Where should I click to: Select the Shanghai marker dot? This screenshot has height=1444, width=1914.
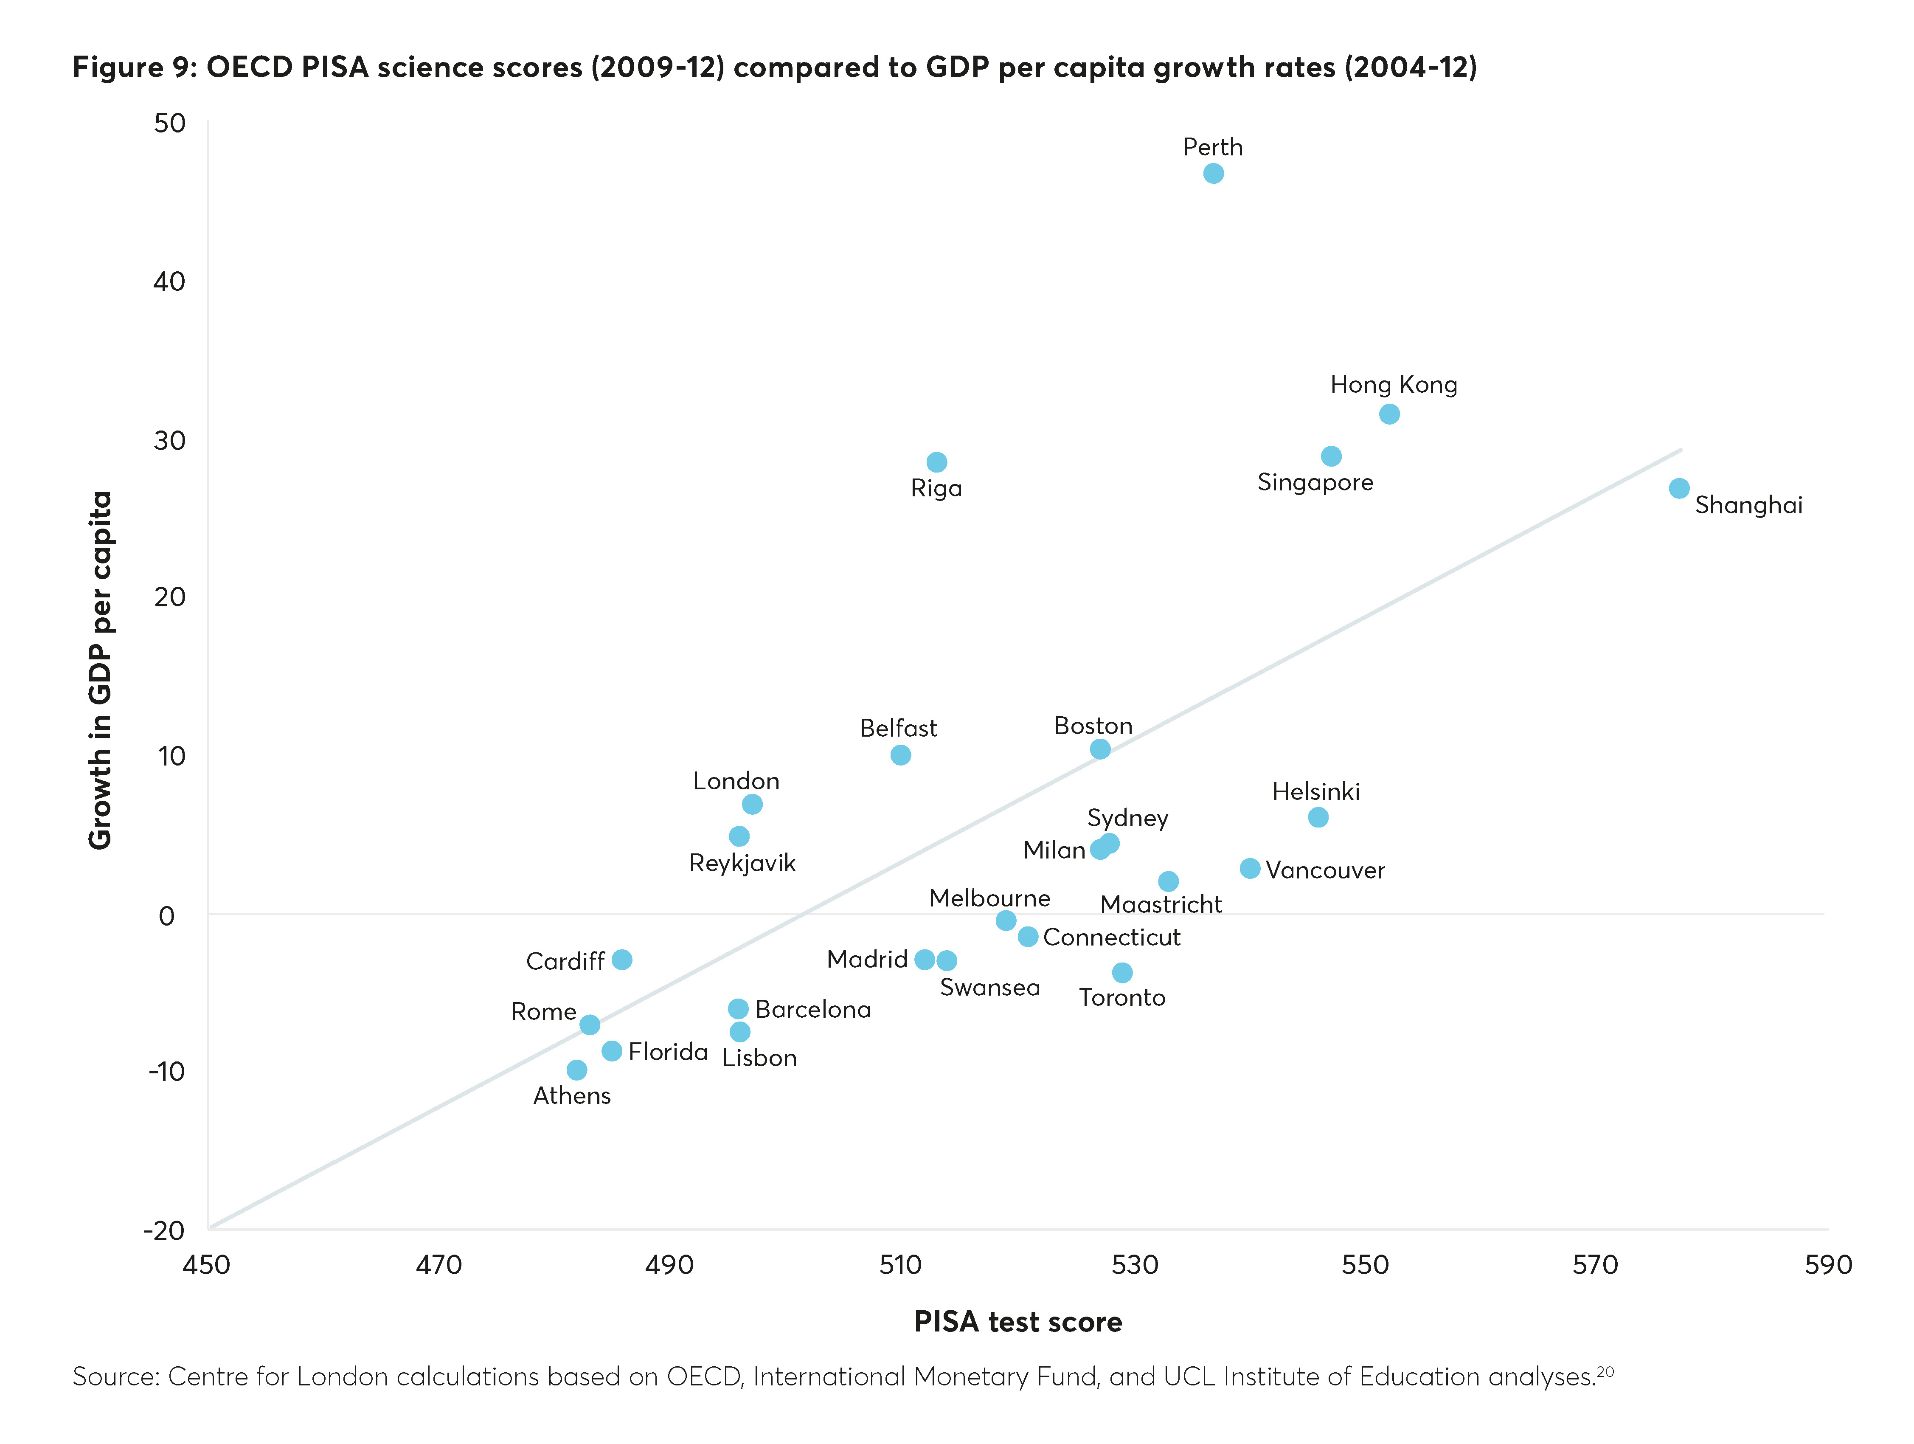pos(1679,488)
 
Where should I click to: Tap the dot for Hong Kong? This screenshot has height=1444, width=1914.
pos(1389,414)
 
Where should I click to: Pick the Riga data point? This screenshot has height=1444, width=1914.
pos(936,462)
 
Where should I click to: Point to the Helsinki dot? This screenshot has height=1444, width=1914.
pos(1318,817)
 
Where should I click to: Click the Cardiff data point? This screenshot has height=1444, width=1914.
pos(621,959)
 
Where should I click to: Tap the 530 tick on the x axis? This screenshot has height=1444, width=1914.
pos(1134,1266)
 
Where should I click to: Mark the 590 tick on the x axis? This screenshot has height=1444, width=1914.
pos(1827,1266)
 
